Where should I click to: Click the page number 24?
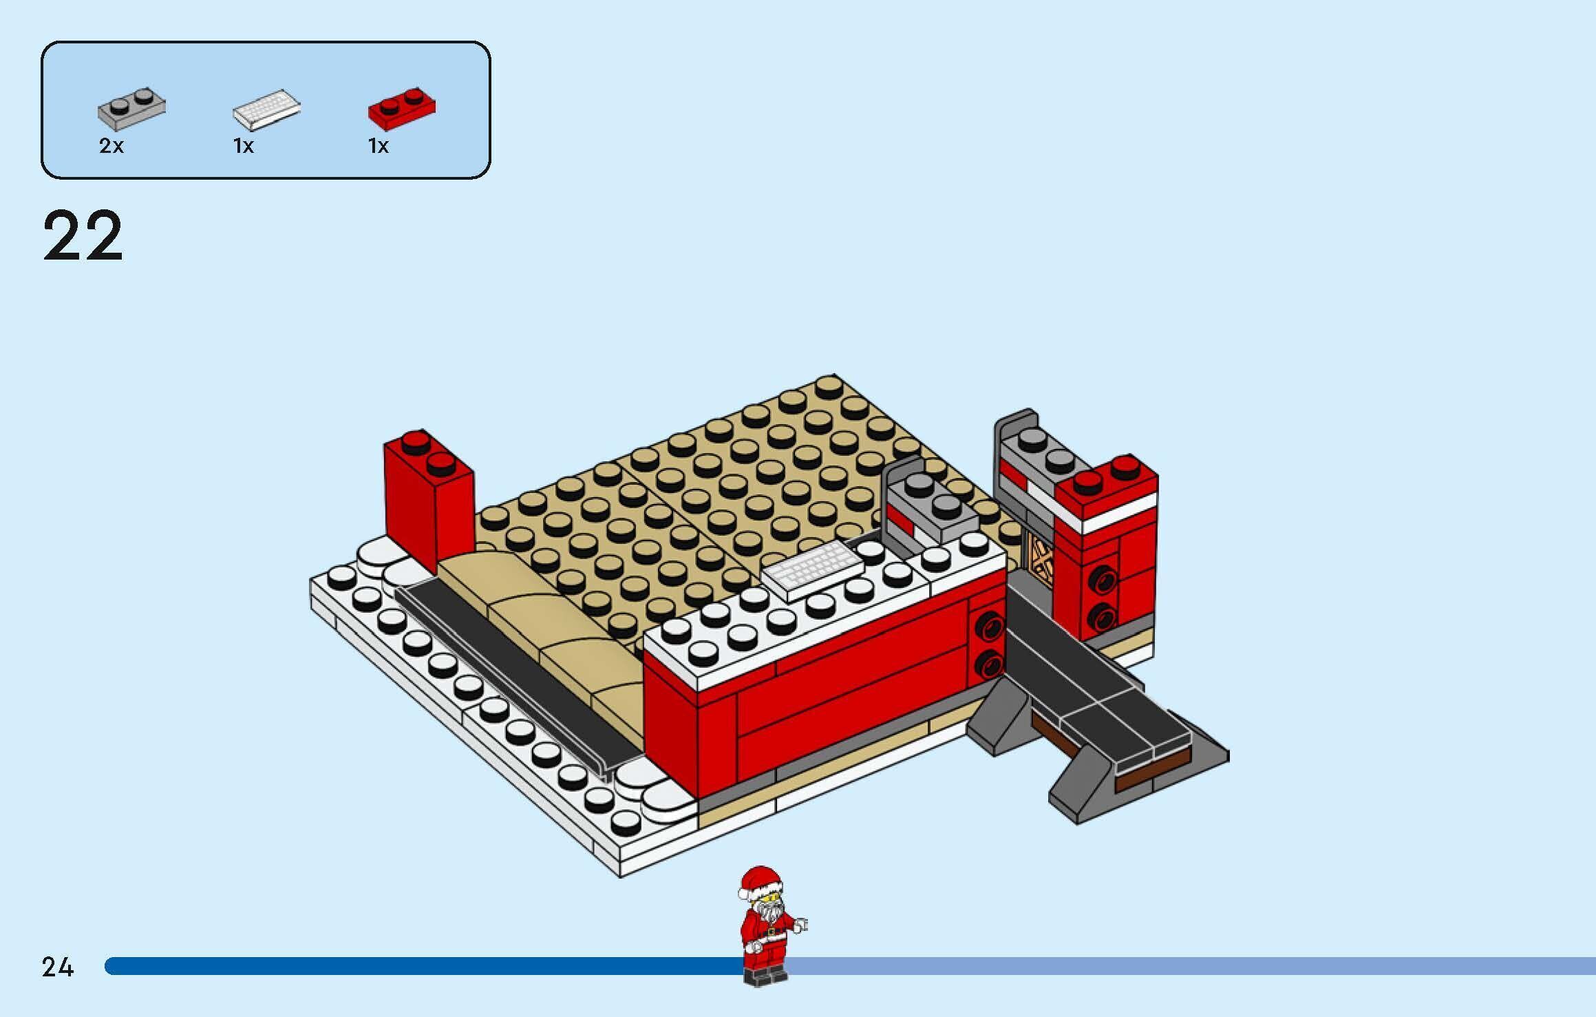tap(57, 967)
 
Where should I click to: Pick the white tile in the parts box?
tap(267, 109)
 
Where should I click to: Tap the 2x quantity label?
tap(111, 146)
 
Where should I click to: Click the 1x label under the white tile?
tap(244, 146)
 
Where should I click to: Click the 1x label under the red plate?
tap(379, 146)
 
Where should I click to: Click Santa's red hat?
tap(761, 880)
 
